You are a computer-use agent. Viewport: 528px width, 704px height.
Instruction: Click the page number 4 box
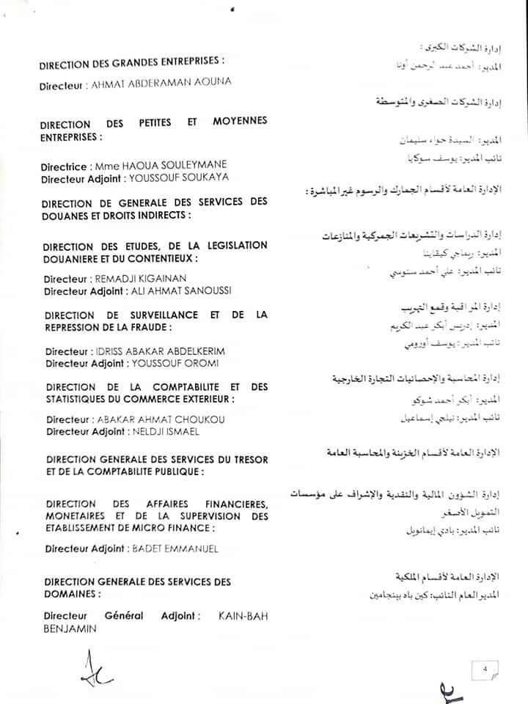point(485,667)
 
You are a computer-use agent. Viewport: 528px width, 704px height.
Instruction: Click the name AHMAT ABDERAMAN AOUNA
point(160,84)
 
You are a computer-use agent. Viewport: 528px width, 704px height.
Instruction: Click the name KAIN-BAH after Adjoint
point(243,616)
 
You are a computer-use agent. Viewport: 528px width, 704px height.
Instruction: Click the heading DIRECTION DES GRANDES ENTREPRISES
point(131,64)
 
